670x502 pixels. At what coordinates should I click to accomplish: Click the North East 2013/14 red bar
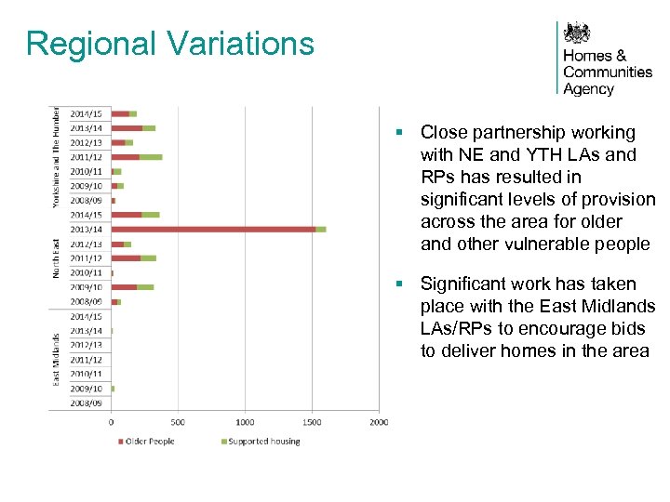click(x=213, y=229)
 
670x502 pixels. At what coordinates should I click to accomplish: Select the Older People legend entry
click(x=149, y=441)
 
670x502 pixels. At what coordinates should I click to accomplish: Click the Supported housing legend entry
click(x=263, y=441)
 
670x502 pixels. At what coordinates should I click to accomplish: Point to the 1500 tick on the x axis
click(x=312, y=422)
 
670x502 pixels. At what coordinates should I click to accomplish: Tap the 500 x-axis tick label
click(x=178, y=422)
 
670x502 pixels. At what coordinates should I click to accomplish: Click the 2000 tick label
click(x=378, y=422)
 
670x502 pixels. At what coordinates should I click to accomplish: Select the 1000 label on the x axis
click(x=245, y=422)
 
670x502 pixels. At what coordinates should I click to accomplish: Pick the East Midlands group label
click(x=56, y=358)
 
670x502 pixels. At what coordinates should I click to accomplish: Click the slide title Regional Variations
click(x=170, y=44)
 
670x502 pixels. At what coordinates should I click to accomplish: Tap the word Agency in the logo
click(x=588, y=89)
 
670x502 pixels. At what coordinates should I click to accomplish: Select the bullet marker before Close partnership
click(x=398, y=133)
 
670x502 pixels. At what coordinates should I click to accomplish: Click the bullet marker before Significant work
click(x=398, y=284)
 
